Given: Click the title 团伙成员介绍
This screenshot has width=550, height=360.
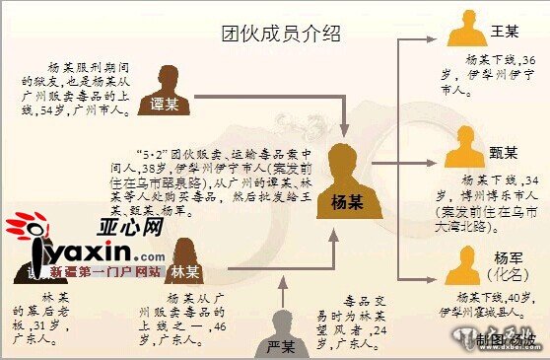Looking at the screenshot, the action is pyautogui.click(x=281, y=35).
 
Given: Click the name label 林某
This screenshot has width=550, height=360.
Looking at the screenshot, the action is pyautogui.click(x=184, y=270).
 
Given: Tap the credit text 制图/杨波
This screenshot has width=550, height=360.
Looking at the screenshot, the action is pyautogui.click(x=508, y=341).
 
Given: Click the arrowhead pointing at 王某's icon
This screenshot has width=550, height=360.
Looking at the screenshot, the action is pyautogui.click(x=441, y=42).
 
